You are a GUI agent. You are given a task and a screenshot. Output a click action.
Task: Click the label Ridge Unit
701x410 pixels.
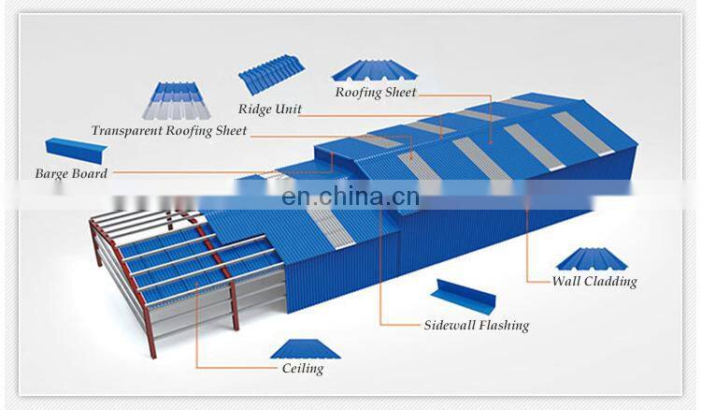269,110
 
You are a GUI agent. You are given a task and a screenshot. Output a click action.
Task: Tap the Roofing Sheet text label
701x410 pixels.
376,93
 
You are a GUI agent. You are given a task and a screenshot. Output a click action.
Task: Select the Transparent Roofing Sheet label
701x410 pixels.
169,131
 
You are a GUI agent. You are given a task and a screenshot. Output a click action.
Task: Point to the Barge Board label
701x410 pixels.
71,173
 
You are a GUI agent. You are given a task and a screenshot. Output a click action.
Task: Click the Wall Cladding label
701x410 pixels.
594,281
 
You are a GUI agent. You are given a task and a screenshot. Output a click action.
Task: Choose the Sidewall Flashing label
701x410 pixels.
476,326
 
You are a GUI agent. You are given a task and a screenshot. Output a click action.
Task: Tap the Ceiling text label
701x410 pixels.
303,369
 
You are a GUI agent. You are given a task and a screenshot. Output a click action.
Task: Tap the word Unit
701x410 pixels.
288,110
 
